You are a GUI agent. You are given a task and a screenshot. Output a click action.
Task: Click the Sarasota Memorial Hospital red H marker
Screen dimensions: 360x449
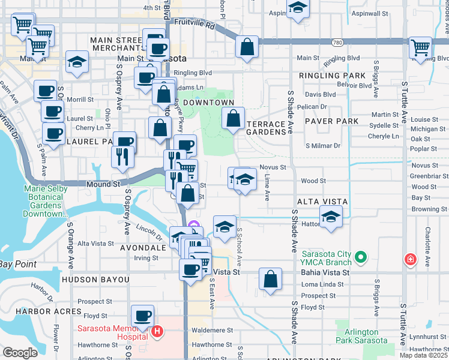[157, 331]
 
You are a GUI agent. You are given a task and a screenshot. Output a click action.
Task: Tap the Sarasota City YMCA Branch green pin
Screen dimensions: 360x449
[360, 258]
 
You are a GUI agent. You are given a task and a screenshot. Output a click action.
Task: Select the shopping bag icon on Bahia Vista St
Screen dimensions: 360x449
[271, 279]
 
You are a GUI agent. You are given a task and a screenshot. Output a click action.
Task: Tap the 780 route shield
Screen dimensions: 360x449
[338, 42]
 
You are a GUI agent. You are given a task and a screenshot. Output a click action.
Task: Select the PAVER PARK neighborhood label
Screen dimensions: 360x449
[331, 121]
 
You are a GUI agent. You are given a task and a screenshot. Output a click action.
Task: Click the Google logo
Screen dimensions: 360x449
[20, 353]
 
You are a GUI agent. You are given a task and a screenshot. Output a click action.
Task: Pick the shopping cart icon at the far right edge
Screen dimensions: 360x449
[421, 48]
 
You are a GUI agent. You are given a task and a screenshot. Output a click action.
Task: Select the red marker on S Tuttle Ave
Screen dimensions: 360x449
[411, 260]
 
